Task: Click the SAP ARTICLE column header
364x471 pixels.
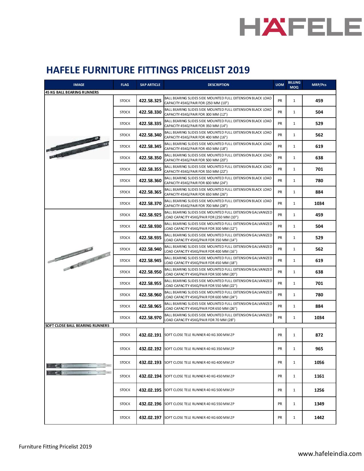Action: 150,85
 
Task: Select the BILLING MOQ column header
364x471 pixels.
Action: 294,85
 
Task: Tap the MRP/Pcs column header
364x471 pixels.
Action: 319,85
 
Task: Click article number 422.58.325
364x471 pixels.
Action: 150,101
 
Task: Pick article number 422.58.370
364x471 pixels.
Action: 150,204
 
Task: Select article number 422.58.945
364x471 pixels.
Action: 150,261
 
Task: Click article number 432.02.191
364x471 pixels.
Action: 150,335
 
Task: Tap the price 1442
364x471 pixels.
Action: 319,417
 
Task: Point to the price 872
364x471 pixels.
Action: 319,335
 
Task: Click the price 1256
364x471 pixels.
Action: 319,390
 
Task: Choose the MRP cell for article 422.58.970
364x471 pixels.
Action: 319,318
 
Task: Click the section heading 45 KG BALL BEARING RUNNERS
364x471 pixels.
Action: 72,92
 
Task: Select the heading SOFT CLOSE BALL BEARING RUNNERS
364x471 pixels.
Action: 77,325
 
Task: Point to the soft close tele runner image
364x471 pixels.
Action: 79,369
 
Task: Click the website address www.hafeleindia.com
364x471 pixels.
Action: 330,454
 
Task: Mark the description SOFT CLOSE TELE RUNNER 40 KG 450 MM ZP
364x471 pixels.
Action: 200,376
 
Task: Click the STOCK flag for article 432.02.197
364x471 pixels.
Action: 125,417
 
